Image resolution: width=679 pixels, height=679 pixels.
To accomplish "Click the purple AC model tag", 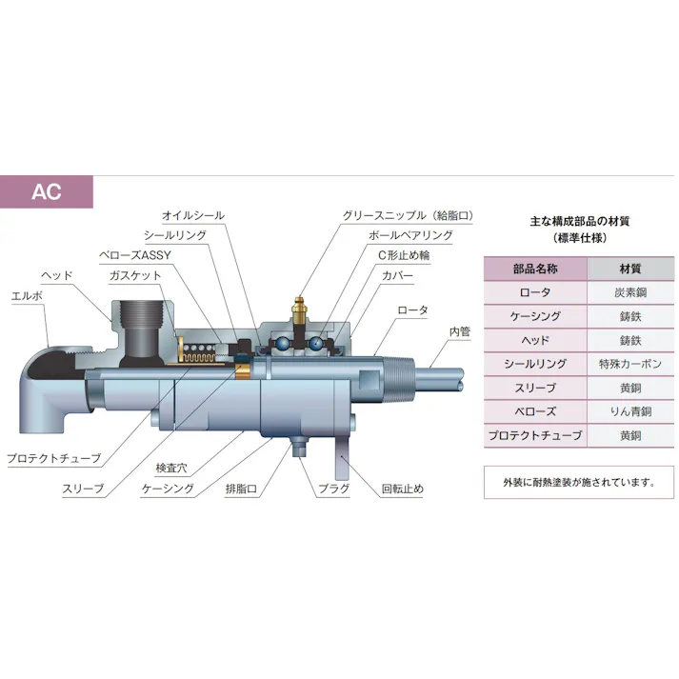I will click(47, 191).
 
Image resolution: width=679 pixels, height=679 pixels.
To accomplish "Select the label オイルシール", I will click(193, 216).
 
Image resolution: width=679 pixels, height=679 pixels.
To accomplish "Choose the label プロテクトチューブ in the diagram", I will click(53, 458).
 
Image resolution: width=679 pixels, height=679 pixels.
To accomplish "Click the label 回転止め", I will click(402, 489).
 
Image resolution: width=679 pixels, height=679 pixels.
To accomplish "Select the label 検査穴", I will click(172, 469).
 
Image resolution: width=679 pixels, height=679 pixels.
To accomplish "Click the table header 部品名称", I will click(534, 269).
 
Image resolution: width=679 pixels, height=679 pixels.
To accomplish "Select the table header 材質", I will click(629, 269).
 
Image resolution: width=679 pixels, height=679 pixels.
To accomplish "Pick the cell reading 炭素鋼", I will click(629, 292).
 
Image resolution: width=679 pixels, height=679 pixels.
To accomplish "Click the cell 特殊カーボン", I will click(629, 364).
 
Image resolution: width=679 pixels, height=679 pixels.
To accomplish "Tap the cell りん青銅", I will click(629, 411).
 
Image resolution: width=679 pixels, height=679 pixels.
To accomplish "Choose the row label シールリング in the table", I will click(534, 364).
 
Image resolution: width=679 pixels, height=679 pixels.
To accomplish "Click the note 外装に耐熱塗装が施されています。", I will click(579, 481).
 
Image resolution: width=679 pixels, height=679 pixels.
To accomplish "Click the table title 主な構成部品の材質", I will click(579, 221).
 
